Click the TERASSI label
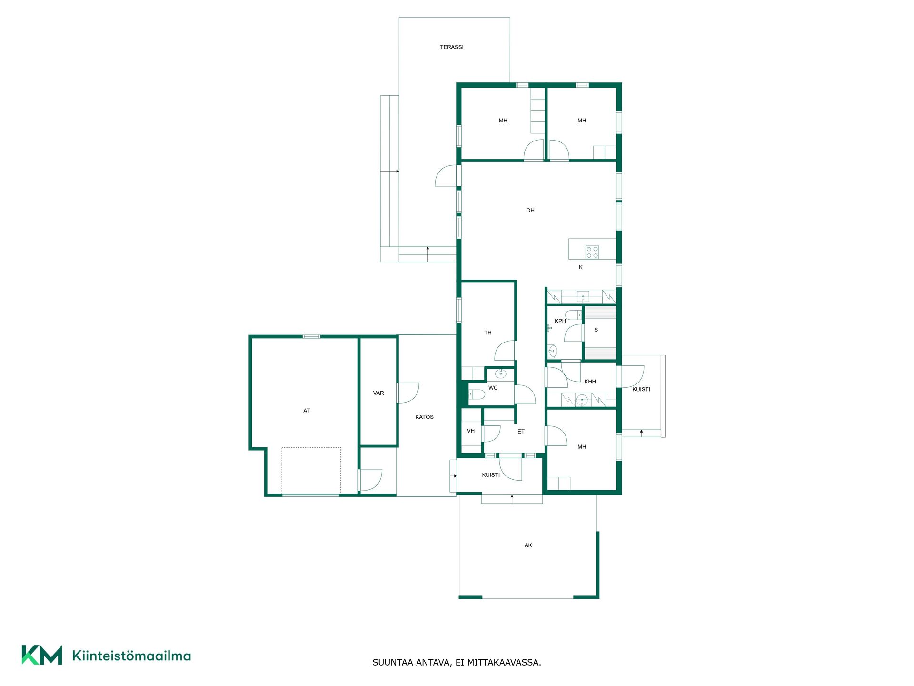[x=451, y=47]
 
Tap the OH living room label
[x=530, y=210]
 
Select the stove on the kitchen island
[x=592, y=252]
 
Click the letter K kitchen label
[x=581, y=267]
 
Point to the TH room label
[x=488, y=333]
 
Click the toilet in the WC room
[x=477, y=394]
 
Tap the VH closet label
[x=471, y=431]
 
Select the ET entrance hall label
[x=521, y=431]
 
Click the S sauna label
[x=596, y=330]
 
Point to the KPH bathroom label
[x=560, y=321]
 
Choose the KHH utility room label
[x=590, y=382]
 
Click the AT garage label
[x=307, y=411]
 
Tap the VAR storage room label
[x=378, y=393]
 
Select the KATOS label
[x=424, y=417]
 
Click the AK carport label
[x=528, y=545]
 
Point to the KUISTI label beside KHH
[x=641, y=389]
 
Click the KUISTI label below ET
[x=491, y=475]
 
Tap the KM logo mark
[x=42, y=655]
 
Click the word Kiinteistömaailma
[x=131, y=656]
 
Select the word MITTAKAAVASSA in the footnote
[x=504, y=662]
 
